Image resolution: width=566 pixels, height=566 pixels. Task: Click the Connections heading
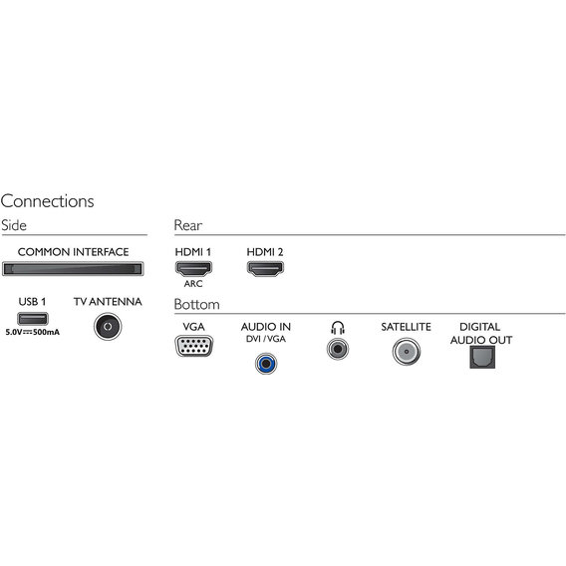47,201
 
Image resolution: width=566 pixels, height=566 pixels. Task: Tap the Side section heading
14,225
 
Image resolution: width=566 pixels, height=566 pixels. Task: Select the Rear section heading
188,225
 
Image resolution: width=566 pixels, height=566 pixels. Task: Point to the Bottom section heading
196,304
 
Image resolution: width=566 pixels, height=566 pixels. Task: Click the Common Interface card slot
73,269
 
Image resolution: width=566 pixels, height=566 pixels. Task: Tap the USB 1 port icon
33,319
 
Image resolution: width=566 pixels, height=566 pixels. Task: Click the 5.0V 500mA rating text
33,332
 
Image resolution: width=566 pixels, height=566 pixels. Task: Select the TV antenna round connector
108,326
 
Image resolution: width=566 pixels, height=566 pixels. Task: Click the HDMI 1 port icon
193,269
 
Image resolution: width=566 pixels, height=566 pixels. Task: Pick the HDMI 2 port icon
265,269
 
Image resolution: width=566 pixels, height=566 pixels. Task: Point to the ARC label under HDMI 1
193,284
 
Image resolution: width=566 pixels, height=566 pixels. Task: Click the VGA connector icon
194,346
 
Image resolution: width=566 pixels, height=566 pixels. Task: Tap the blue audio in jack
266,364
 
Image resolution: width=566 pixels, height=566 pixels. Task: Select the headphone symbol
338,328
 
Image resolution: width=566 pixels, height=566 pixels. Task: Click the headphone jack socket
338,349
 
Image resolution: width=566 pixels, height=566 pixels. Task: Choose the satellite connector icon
407,352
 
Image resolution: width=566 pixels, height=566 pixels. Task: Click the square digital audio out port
482,358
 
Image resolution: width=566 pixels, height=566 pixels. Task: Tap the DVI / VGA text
266,339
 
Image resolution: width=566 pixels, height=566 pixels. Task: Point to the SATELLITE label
407,327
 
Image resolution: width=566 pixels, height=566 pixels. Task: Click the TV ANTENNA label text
108,301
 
